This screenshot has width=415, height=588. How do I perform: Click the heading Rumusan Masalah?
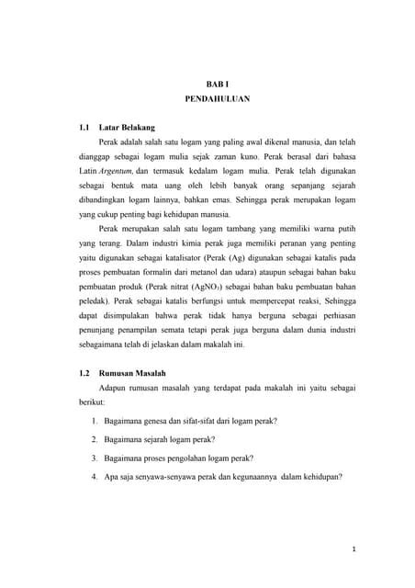(x=132, y=375)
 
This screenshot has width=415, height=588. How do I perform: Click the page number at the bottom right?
(x=353, y=552)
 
